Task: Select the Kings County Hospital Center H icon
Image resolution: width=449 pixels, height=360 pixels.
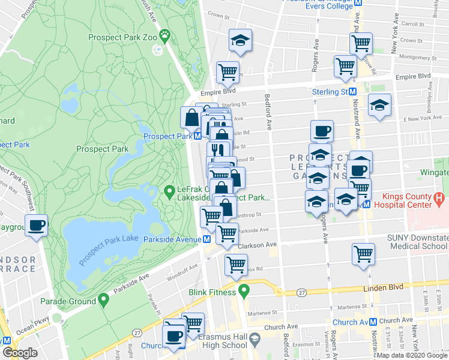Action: (x=439, y=197)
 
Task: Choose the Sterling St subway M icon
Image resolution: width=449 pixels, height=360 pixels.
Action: (x=354, y=92)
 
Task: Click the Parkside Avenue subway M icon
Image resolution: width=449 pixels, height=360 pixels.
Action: (x=206, y=238)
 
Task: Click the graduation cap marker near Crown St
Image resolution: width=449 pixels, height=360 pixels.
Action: (x=241, y=40)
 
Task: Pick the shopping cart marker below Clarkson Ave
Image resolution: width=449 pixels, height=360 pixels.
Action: (x=236, y=263)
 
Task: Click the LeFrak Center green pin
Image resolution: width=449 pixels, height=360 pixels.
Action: (x=170, y=192)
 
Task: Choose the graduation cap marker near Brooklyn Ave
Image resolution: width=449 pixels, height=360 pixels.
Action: (x=379, y=105)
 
